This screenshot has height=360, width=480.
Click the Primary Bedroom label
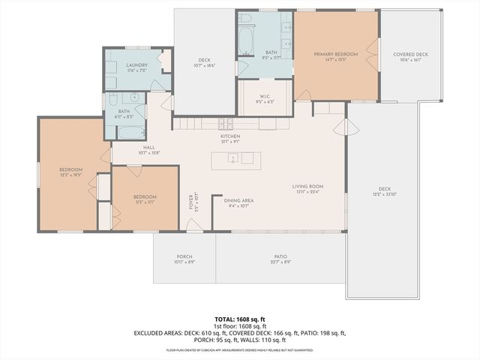point(335,54)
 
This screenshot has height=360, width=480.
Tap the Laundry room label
point(136,65)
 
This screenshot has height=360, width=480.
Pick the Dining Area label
point(238,200)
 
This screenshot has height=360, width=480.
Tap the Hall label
point(148,148)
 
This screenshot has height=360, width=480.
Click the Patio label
point(280,256)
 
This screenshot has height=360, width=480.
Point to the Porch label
point(184,256)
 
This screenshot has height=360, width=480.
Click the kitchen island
point(236,160)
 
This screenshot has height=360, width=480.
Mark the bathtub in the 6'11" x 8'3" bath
point(130,132)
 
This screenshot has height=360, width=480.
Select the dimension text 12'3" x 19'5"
point(70,174)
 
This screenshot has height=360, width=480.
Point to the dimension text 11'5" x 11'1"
point(145,201)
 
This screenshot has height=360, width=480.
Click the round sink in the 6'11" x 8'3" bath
point(136,97)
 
